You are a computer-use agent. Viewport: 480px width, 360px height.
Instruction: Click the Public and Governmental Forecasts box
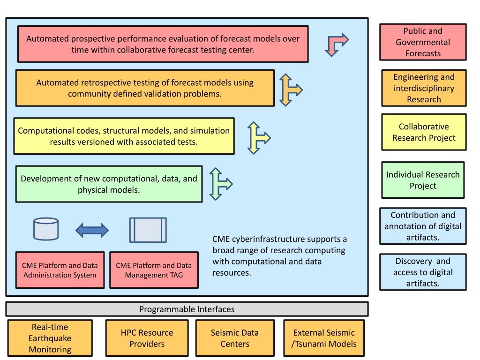pyautogui.click(x=423, y=42)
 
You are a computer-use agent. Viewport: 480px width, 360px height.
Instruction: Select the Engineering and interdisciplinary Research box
pyautogui.click(x=424, y=88)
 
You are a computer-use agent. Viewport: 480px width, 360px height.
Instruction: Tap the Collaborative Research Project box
pyautogui.click(x=424, y=132)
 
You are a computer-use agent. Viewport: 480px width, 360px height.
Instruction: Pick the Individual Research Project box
pyautogui.click(x=423, y=180)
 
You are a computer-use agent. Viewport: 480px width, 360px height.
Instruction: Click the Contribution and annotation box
pyautogui.click(x=423, y=226)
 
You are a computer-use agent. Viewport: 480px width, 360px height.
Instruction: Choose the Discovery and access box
pyautogui.click(x=423, y=272)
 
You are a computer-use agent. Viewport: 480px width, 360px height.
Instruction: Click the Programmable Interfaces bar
pyautogui.click(x=187, y=309)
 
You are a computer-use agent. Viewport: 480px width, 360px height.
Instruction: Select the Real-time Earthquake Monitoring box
pyautogui.click(x=50, y=338)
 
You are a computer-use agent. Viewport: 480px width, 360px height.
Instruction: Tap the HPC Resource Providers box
pyautogui.click(x=147, y=338)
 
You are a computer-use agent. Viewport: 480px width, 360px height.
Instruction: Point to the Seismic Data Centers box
pyautogui.click(x=235, y=338)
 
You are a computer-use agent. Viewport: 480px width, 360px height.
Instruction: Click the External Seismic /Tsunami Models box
pyautogui.click(x=324, y=338)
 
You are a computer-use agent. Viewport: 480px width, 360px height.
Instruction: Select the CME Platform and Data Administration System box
pyautogui.click(x=60, y=270)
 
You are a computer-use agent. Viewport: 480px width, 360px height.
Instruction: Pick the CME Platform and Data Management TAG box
pyautogui.click(x=154, y=270)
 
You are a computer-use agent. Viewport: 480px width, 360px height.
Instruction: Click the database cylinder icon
pyautogui.click(x=46, y=229)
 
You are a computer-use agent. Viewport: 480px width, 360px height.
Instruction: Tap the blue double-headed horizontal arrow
pyautogui.click(x=92, y=230)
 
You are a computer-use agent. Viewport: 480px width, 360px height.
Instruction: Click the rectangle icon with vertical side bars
pyautogui.click(x=148, y=230)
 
